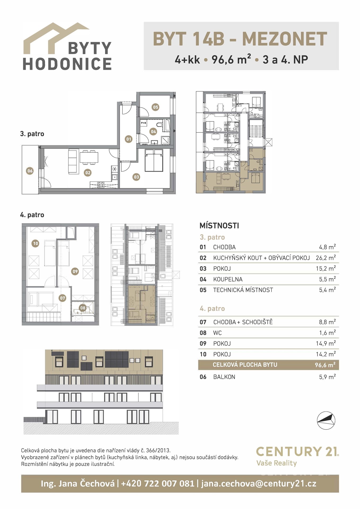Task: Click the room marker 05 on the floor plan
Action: (x=155, y=107)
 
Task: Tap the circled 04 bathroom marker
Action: (x=153, y=131)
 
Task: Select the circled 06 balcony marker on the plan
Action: (x=30, y=171)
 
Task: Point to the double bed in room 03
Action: (x=154, y=160)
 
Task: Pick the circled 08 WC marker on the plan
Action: (x=83, y=308)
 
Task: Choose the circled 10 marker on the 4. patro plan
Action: (x=36, y=243)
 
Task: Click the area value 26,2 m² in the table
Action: (x=326, y=258)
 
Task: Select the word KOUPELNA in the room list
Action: (x=228, y=279)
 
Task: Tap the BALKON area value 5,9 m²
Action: (x=327, y=377)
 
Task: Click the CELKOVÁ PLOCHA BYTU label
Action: (x=245, y=365)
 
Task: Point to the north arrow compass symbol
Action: (x=326, y=420)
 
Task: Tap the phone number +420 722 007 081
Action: (x=158, y=484)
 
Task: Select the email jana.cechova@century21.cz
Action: (x=259, y=484)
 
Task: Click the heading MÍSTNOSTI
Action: (x=219, y=226)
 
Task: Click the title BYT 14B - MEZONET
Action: (x=240, y=39)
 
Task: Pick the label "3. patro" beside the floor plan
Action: (x=32, y=134)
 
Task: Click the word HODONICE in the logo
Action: (x=67, y=64)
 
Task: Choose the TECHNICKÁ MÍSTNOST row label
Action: (x=243, y=290)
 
